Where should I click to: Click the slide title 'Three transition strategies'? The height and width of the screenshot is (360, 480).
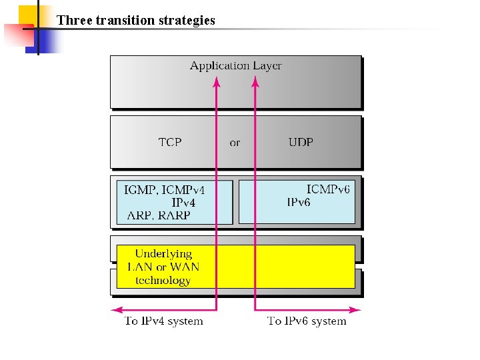[x=136, y=20]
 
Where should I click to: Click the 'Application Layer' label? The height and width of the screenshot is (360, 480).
[x=235, y=65]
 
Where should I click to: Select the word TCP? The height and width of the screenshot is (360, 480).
[x=170, y=142]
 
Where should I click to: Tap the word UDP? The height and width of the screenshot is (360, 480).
[x=301, y=142]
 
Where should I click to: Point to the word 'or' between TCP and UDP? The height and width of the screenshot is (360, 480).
[x=235, y=143]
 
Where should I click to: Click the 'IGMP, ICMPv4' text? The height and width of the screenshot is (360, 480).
[x=165, y=190]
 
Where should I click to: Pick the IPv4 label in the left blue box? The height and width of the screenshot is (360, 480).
[x=183, y=202]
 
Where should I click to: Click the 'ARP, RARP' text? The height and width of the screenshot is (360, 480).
[x=159, y=215]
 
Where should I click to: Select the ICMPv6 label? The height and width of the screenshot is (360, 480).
[x=328, y=189]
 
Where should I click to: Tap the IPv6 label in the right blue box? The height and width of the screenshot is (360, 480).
[x=299, y=202]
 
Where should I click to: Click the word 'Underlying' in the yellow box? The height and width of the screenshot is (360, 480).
[x=163, y=253]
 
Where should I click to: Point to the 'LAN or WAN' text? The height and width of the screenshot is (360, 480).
[x=163, y=267]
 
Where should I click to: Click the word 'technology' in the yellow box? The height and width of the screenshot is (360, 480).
[x=163, y=280]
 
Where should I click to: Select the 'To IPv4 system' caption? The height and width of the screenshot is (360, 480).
[x=164, y=321]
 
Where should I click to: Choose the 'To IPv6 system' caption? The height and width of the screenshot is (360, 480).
[x=307, y=321]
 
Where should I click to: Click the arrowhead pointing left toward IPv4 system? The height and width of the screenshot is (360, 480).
[x=116, y=309]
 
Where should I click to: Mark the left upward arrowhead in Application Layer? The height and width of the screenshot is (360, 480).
[x=216, y=82]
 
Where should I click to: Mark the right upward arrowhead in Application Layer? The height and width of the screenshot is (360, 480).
[x=255, y=82]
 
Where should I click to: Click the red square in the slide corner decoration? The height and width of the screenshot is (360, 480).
[x=15, y=33]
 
